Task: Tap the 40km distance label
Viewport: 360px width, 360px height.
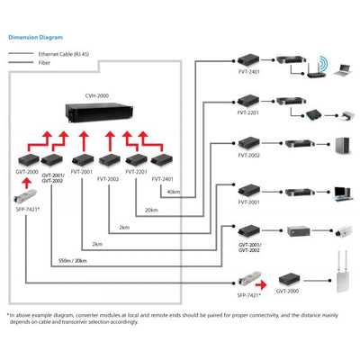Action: click(174, 191)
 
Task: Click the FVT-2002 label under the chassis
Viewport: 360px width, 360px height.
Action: click(107, 178)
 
